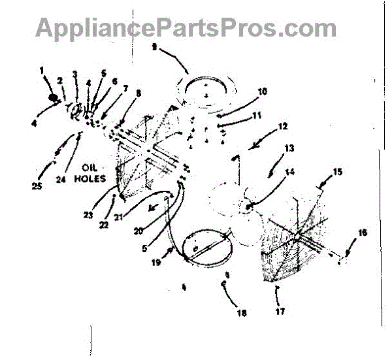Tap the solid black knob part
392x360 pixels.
coord(52,98)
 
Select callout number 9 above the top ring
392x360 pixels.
coord(155,47)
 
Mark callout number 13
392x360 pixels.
coord(289,148)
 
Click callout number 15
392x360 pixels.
coord(337,172)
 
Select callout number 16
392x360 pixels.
coord(363,232)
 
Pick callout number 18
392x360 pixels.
coord(242,314)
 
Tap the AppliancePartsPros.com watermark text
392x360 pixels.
coord(186,28)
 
